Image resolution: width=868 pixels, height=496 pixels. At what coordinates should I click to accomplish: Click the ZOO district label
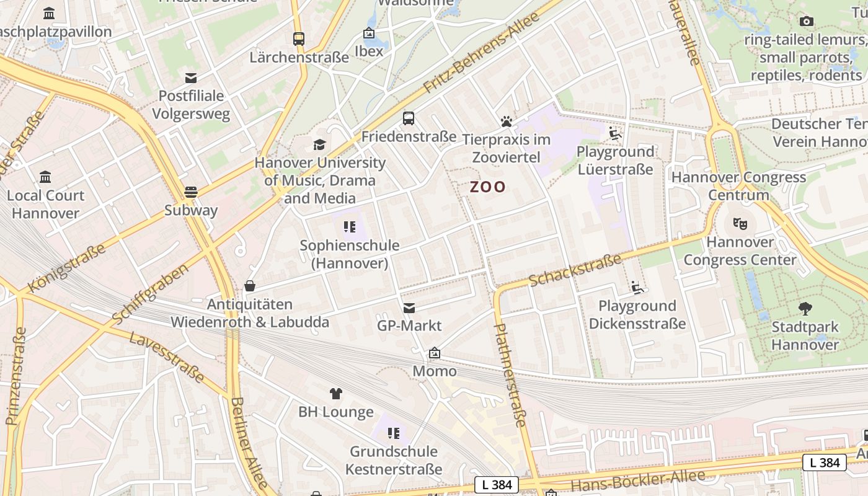[x=487, y=187]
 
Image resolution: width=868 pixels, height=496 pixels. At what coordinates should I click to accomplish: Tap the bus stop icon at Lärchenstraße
[x=299, y=39]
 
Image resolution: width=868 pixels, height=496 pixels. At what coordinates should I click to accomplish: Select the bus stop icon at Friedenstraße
[x=409, y=118]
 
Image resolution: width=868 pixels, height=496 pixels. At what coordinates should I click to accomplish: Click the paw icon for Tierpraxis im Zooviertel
[x=507, y=122]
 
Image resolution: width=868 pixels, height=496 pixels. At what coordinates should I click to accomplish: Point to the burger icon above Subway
[x=191, y=192]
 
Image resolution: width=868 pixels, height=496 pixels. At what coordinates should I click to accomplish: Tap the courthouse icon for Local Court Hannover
[x=45, y=177]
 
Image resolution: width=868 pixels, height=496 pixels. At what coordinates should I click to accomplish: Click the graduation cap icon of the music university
[x=319, y=145]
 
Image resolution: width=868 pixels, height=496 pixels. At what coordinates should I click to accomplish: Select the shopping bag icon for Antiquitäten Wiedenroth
[x=250, y=286]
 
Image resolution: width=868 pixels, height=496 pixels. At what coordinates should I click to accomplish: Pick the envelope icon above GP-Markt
[x=409, y=308]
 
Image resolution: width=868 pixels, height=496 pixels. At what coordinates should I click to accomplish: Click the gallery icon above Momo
[x=435, y=353]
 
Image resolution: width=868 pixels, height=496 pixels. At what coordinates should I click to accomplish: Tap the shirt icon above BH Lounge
[x=336, y=394]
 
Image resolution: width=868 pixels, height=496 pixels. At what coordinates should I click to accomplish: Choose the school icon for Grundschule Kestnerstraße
[x=394, y=433]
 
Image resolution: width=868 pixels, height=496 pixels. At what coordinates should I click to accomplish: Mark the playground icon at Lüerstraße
[x=615, y=133]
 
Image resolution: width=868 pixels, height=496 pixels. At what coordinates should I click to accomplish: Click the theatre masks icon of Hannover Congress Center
[x=740, y=223]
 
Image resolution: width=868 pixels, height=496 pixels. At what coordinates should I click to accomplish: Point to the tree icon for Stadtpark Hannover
[x=805, y=308]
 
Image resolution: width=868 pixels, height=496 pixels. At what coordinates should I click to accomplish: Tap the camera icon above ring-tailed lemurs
[x=806, y=22]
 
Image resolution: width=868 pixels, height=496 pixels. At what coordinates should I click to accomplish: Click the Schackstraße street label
[x=575, y=270]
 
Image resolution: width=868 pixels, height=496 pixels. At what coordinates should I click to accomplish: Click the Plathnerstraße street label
[x=510, y=374]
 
